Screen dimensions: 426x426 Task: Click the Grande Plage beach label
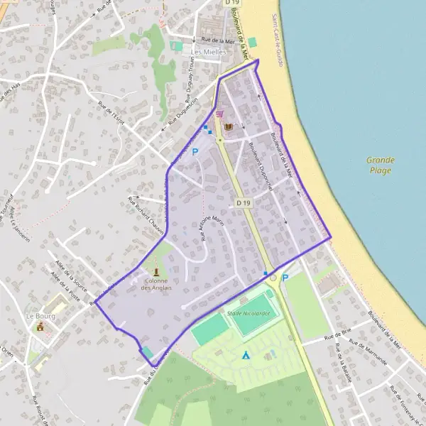tap(381, 165)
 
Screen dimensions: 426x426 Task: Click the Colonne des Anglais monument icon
tap(156, 271)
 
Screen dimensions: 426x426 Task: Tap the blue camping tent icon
tap(245, 354)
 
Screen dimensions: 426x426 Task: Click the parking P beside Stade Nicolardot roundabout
tap(285, 278)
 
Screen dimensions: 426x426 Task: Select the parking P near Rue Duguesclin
tap(195, 151)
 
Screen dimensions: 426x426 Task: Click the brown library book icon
tap(229, 127)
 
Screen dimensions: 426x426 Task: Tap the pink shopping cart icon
tap(219, 113)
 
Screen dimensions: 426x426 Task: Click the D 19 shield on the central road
tap(243, 203)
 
